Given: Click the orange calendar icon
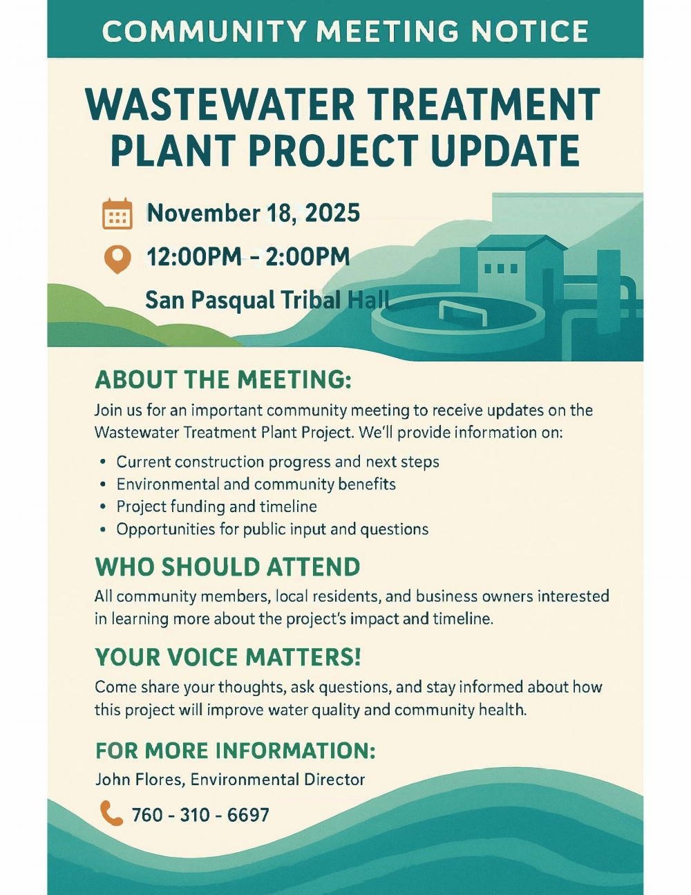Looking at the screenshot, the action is pos(117,214).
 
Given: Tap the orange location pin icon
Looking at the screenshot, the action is pos(117,259).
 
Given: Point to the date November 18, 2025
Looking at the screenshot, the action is pos(254,213).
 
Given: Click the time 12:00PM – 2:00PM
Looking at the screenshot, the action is pos(248,256).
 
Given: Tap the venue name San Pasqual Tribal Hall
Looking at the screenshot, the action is pos(267,300).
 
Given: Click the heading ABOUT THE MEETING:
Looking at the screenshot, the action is pos(223,379).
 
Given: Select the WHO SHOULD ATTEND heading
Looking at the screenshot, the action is pos(228,567).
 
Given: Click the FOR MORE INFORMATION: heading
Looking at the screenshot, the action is pos(235,751).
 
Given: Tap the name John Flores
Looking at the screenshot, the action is pos(139,780).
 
